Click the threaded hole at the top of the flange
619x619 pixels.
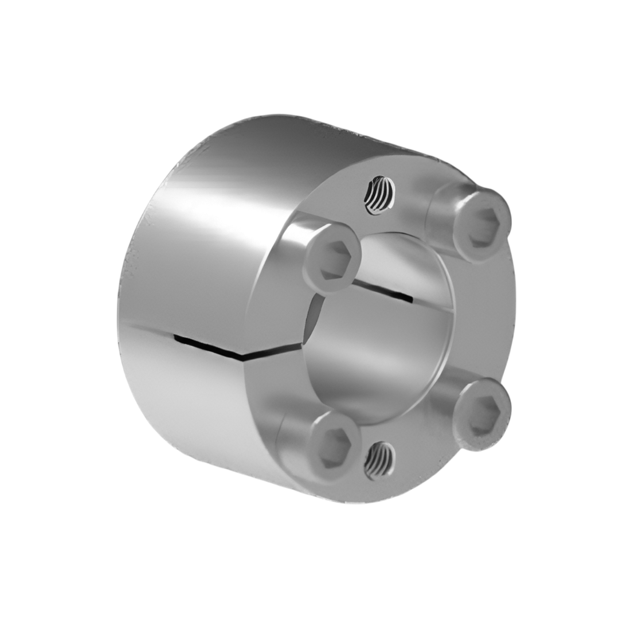tap(379, 195)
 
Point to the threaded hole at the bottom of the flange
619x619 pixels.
tap(379, 460)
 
